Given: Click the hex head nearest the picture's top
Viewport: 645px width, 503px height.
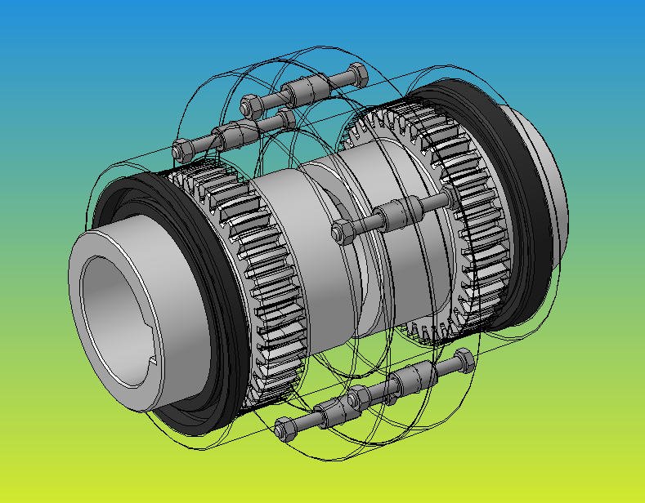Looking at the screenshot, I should click(x=356, y=75).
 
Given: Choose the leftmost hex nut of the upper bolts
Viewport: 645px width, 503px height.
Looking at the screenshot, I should click(x=182, y=149).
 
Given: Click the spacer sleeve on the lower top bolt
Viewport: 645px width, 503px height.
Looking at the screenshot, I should click(x=232, y=131).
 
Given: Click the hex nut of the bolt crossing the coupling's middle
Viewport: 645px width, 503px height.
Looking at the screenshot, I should click(x=343, y=231).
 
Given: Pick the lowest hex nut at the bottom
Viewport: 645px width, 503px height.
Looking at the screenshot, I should click(x=285, y=427).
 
